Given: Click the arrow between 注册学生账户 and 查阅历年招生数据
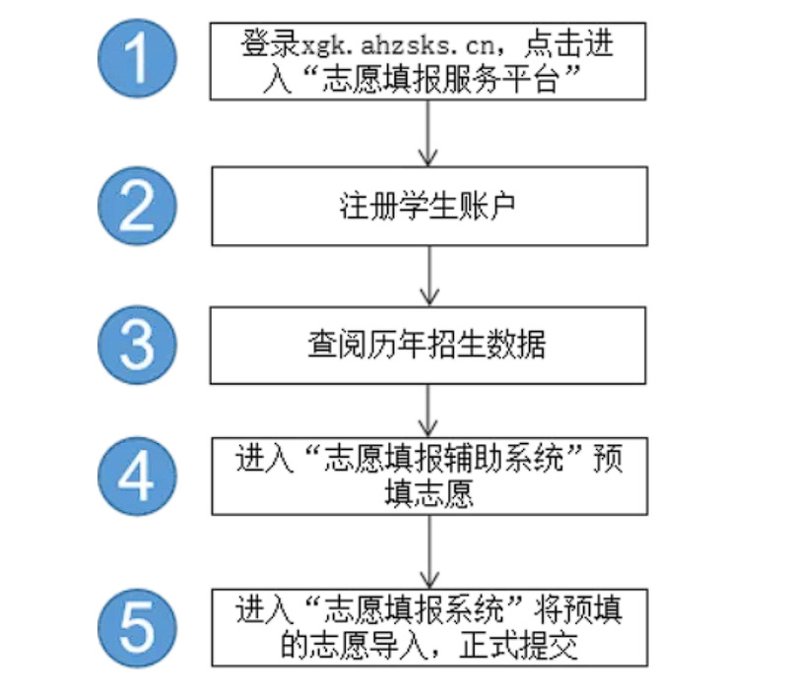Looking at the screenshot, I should tap(429, 277).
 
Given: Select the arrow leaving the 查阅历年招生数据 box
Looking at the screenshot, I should tap(429, 413).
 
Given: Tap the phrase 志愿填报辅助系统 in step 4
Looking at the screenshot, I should tap(427, 462).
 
